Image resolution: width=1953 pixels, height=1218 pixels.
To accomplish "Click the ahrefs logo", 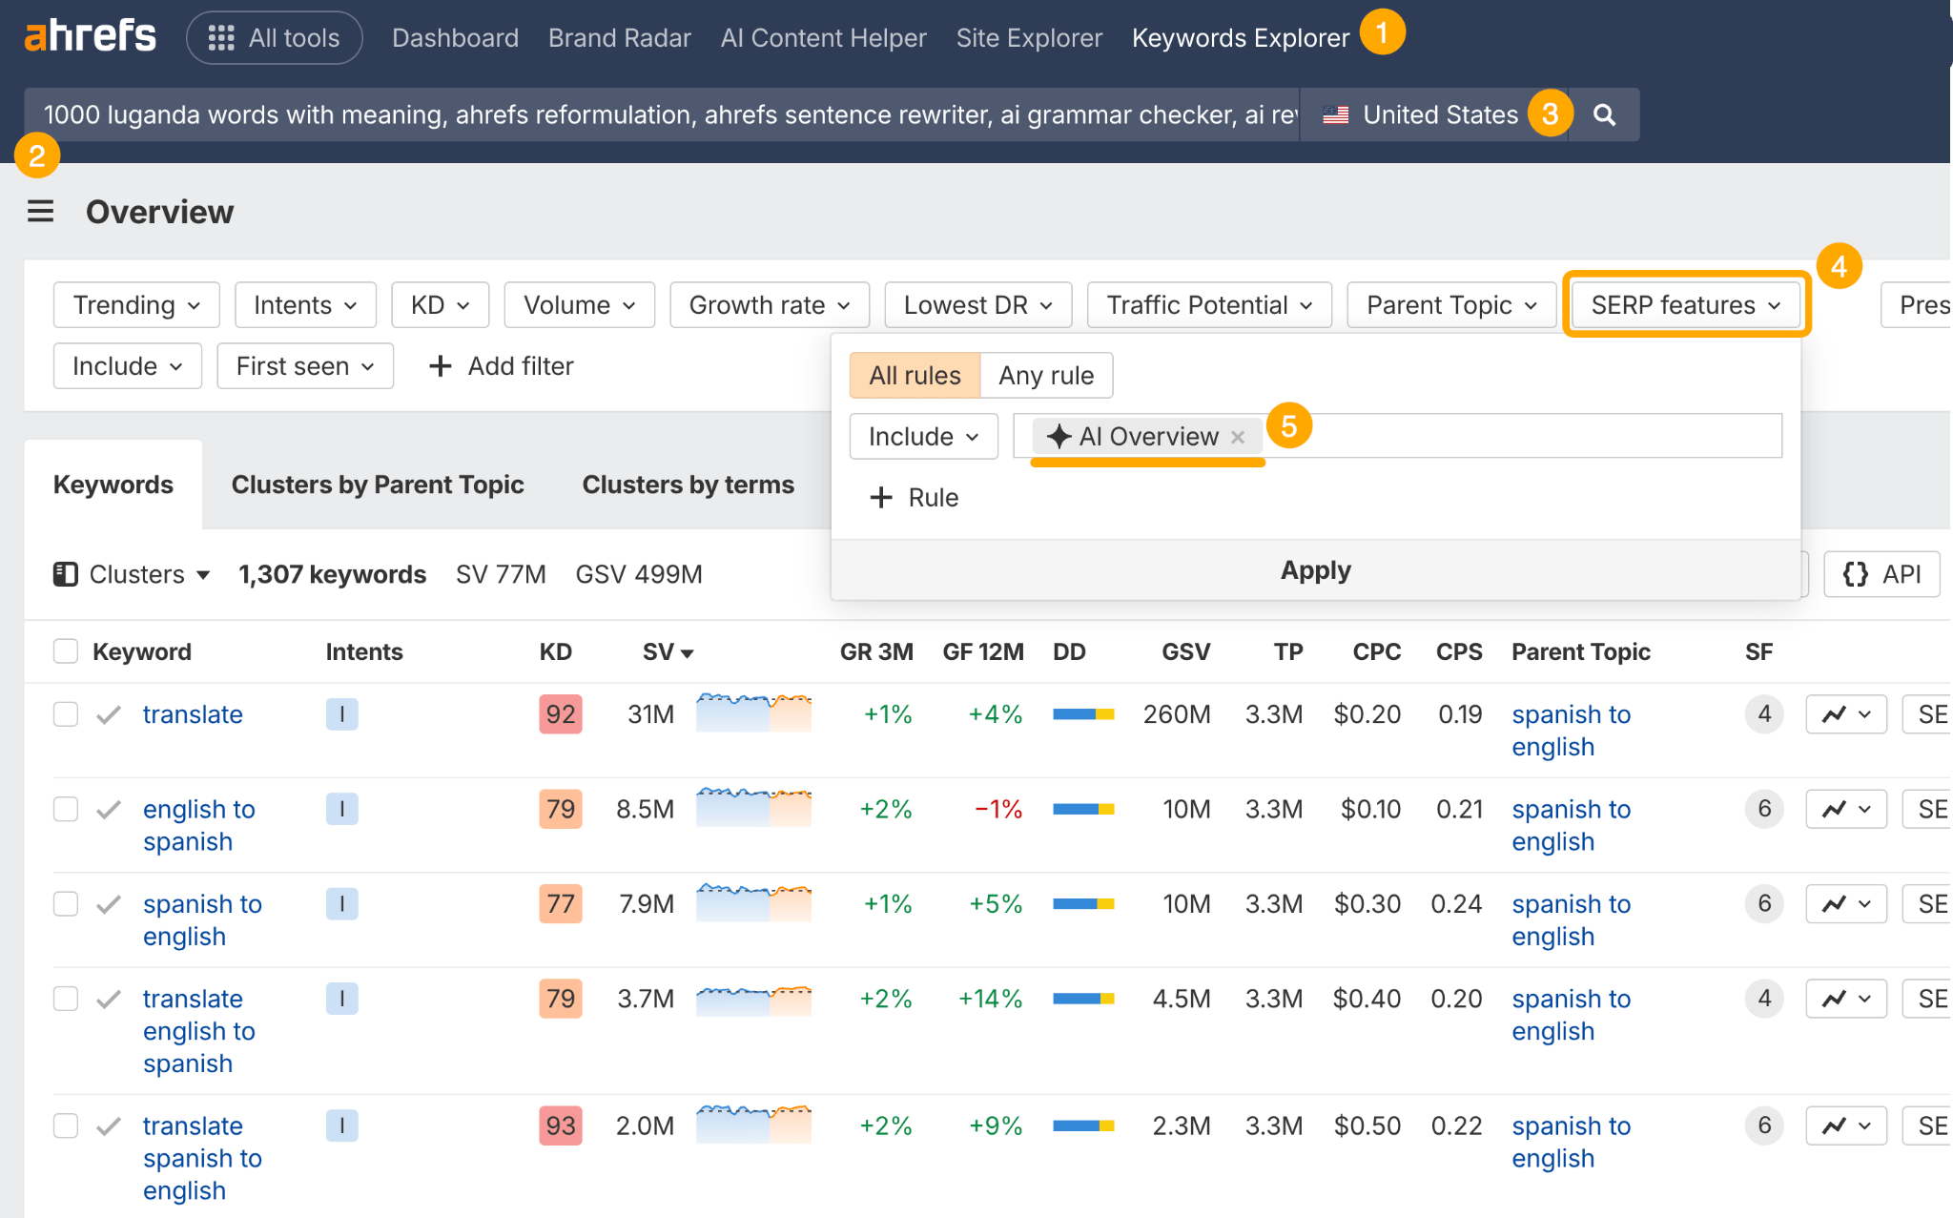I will [91, 37].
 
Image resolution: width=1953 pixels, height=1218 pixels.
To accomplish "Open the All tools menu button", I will [275, 38].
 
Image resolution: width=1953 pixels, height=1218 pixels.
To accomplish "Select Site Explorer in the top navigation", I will [1029, 38].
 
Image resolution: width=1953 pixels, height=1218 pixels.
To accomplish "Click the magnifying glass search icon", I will [1605, 115].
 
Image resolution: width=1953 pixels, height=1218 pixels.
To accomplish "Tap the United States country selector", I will [1421, 115].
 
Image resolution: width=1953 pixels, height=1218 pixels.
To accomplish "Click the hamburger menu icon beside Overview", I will [40, 211].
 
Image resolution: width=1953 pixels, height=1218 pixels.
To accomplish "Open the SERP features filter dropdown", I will [1685, 305].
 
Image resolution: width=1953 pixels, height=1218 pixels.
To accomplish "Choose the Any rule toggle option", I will [1045, 376].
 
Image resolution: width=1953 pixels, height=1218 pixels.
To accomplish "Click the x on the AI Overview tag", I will [1238, 438].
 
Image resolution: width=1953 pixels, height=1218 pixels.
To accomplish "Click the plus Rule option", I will [914, 498].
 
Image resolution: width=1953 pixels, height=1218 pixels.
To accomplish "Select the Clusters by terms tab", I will [688, 485].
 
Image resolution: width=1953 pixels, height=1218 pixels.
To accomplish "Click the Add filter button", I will [502, 366].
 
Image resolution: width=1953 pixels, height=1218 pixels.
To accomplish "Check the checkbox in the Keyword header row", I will [66, 651].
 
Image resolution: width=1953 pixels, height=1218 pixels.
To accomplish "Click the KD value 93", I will [560, 1125].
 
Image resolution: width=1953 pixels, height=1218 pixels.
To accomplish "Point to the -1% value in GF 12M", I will [997, 810].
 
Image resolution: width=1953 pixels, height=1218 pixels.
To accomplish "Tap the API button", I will [1881, 574].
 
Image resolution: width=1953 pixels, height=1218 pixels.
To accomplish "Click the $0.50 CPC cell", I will [1367, 1125].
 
